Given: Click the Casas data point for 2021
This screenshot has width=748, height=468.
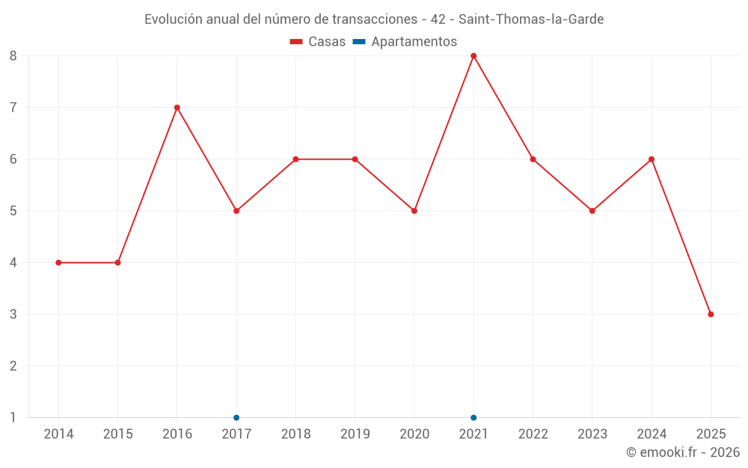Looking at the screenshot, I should [x=473, y=55].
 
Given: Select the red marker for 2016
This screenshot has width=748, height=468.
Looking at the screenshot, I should [x=177, y=107].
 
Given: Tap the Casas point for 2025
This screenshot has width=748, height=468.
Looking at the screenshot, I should [x=711, y=314].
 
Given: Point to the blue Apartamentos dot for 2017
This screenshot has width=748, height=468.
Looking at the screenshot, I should [x=236, y=418].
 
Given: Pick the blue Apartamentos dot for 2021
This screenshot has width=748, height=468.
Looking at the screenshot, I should [x=473, y=418].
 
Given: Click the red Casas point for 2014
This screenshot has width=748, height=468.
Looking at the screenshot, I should [x=58, y=263].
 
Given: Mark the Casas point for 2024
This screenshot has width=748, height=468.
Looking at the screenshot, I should [x=652, y=159].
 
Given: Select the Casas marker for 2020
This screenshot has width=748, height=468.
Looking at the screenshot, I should [x=414, y=211].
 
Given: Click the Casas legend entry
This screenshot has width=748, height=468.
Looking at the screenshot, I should [x=318, y=42].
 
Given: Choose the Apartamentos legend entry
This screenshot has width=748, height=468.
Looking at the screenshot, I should [x=405, y=42].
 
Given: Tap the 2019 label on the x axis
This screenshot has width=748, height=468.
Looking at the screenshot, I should [x=355, y=434].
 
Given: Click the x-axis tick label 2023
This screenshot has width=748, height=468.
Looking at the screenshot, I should [x=592, y=434].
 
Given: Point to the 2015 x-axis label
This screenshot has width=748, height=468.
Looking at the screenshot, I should [x=117, y=434].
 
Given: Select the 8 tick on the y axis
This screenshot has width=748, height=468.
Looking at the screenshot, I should [x=13, y=55].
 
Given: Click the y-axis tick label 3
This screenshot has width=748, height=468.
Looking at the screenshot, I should [x=13, y=314].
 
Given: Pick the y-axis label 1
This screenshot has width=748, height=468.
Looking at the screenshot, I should [x=13, y=418].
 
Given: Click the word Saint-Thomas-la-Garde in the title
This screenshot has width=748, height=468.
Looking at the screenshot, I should [x=531, y=19].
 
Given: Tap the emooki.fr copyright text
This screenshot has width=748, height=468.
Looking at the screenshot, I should [x=683, y=452].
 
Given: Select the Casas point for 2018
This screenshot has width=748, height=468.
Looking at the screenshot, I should [x=295, y=159].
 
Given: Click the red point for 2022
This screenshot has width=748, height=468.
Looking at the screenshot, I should [x=533, y=159].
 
